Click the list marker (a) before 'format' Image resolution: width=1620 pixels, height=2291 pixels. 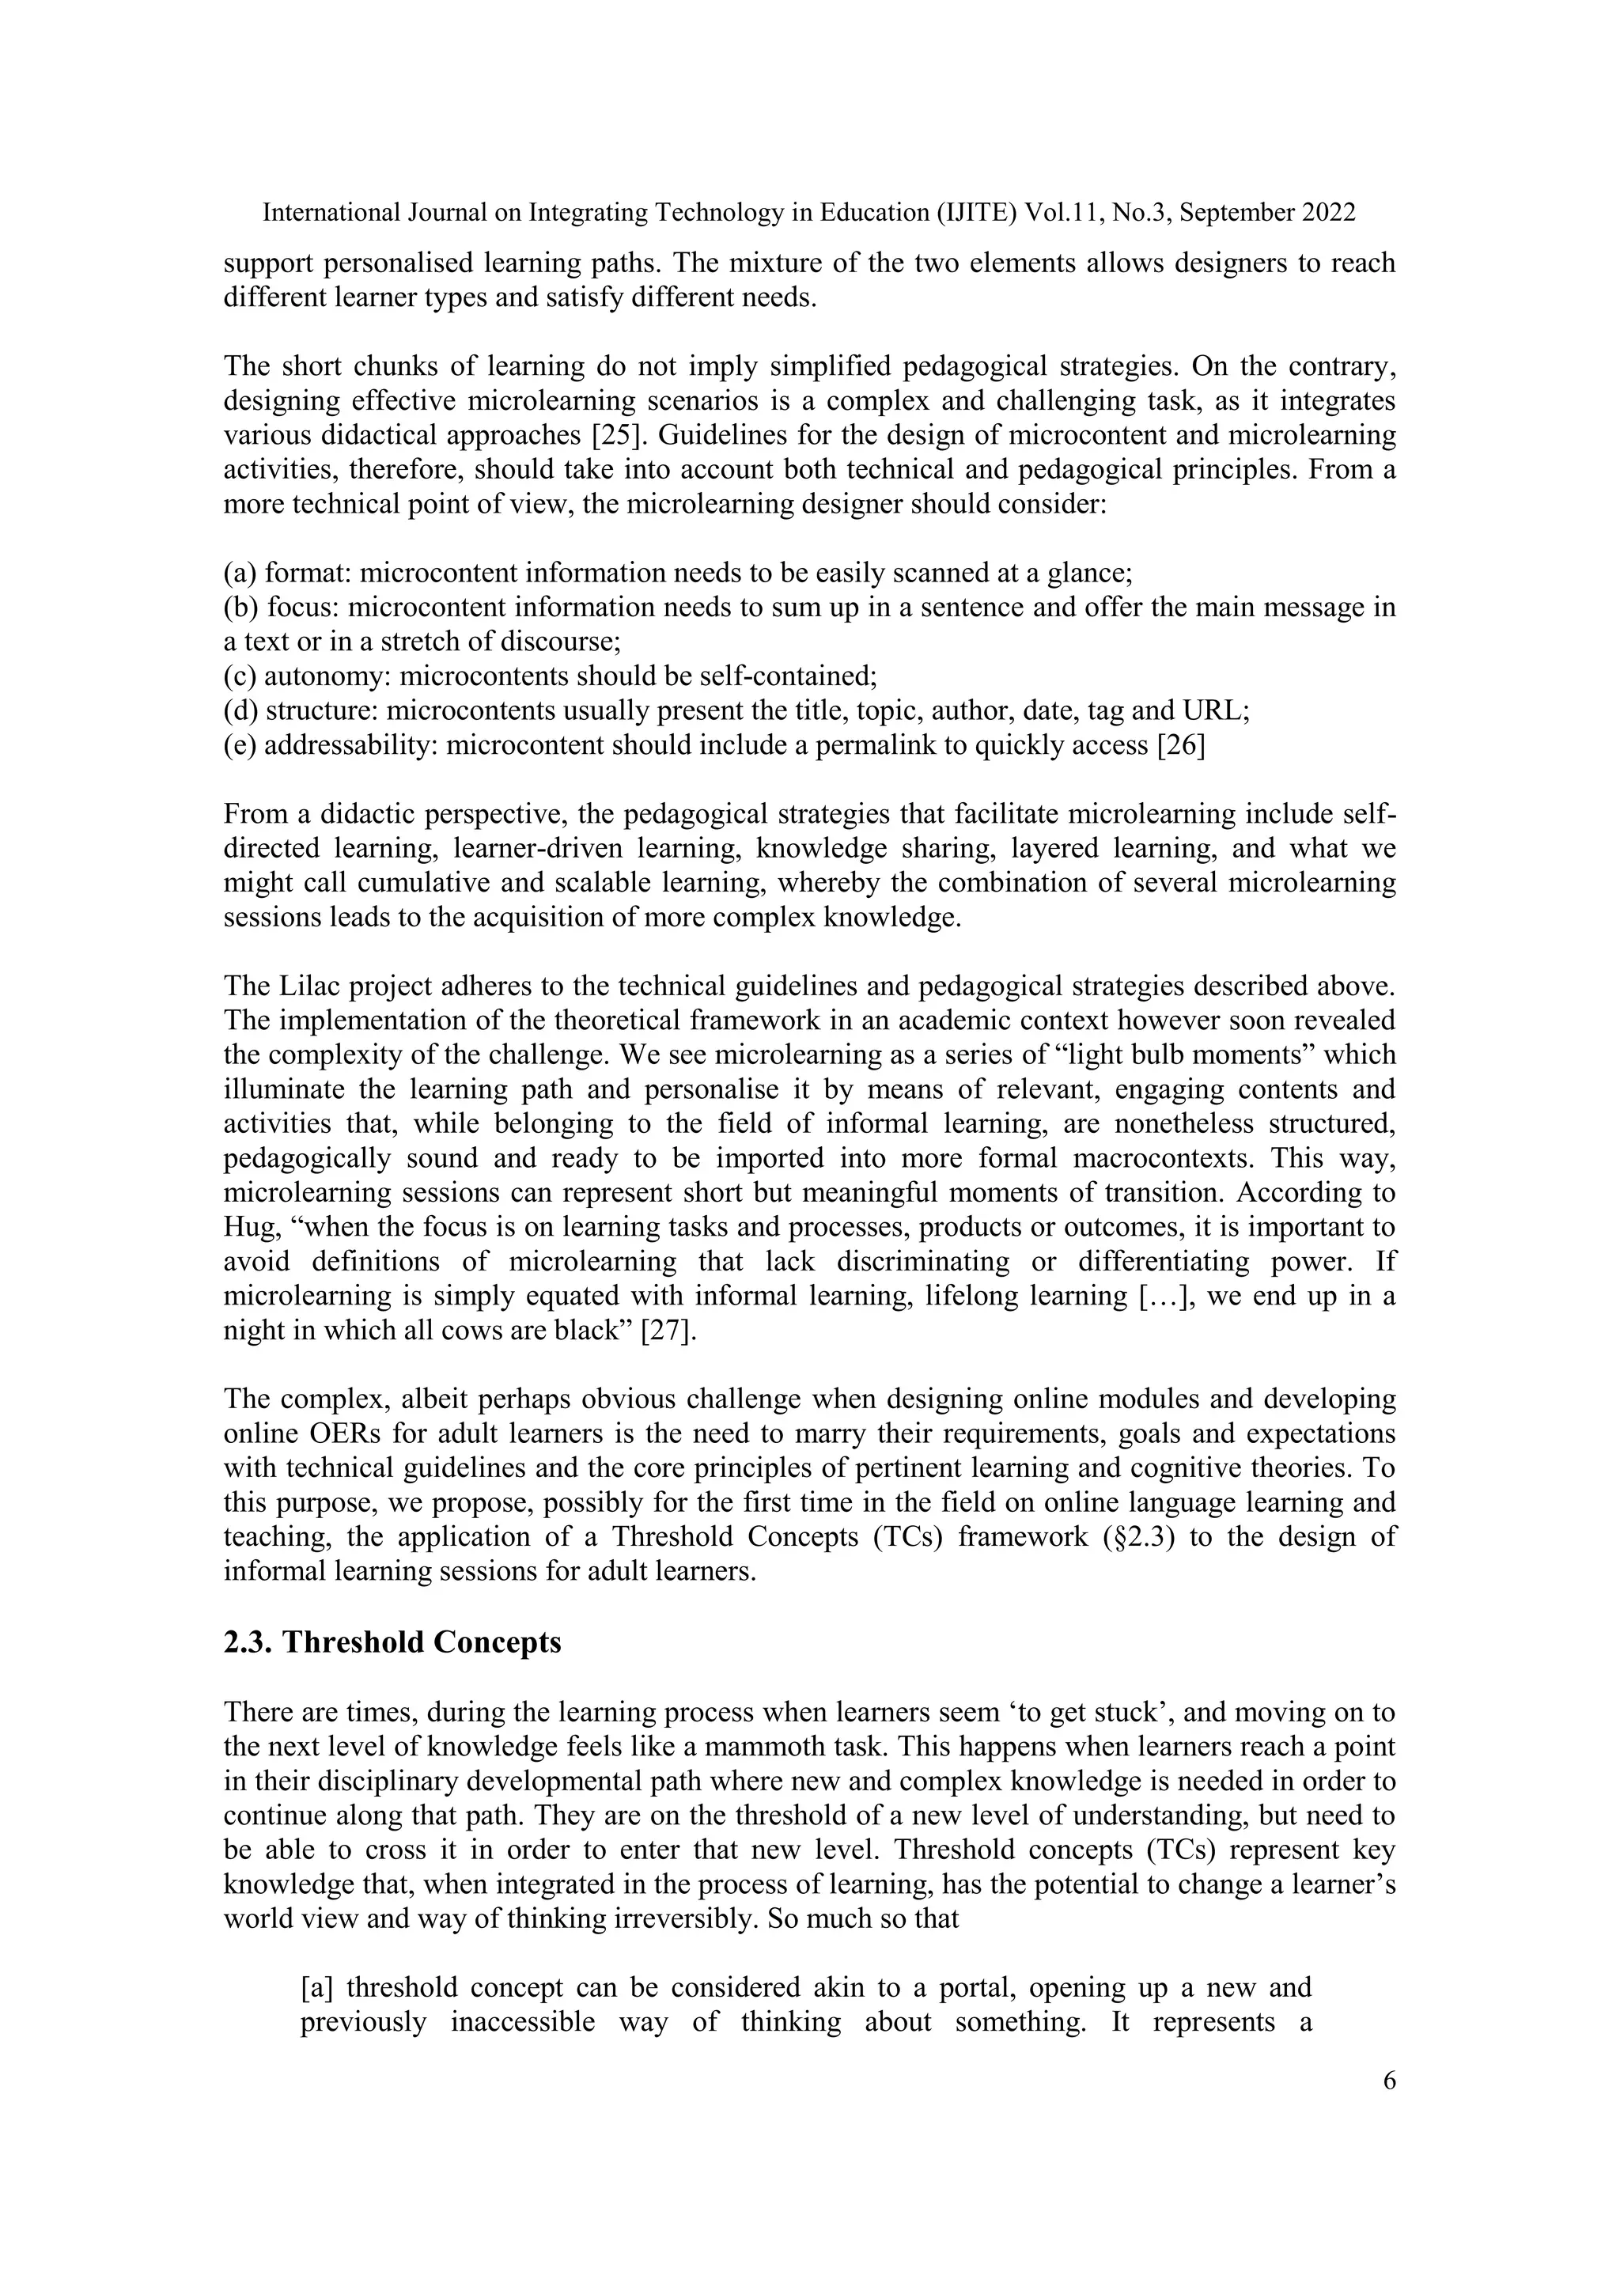point(240,573)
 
